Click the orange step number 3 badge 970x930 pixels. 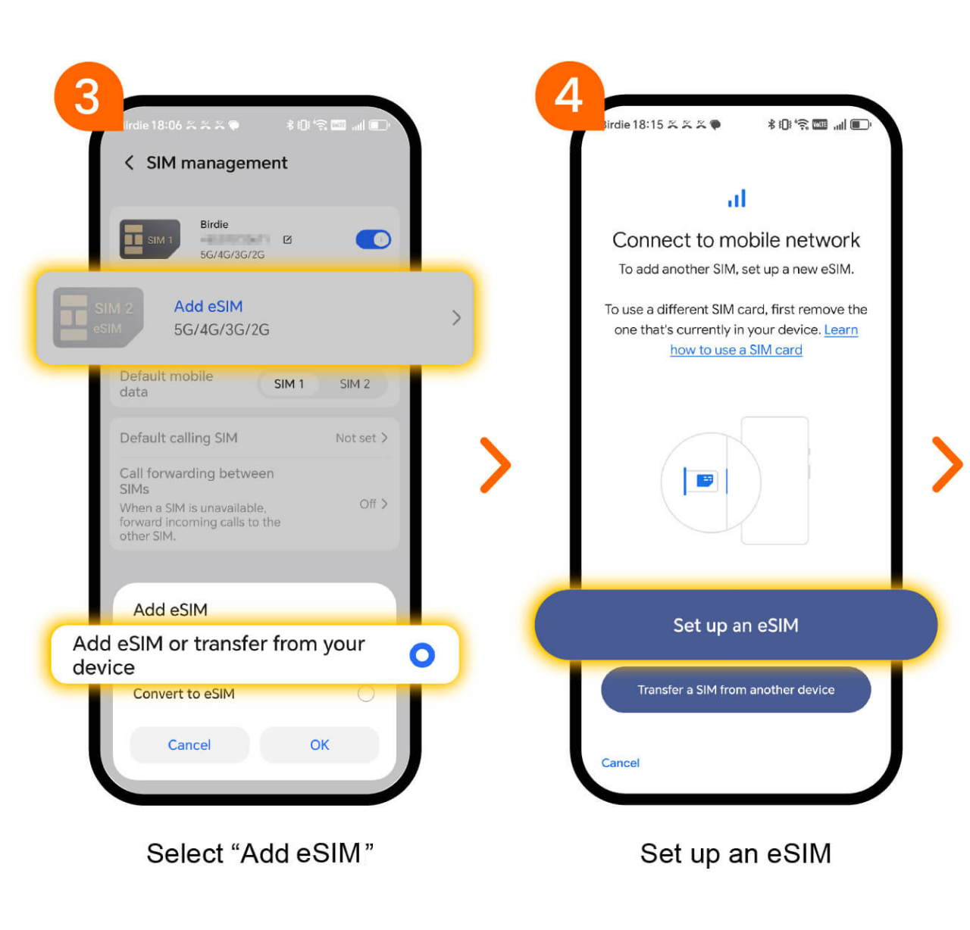88,96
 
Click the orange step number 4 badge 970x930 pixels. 569,96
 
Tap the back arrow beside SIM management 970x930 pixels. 129,163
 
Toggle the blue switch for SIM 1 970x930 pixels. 373,240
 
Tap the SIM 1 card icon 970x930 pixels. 149,239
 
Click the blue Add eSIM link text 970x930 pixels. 208,307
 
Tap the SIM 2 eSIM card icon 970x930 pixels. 98,318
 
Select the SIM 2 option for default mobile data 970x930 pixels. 355,384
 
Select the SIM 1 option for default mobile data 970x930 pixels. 289,384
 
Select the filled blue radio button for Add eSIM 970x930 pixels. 421,655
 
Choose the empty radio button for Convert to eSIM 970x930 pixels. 366,694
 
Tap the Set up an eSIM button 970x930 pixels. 735,626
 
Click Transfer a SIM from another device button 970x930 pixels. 735,690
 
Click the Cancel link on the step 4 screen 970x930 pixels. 620,763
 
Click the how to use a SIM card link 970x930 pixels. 736,350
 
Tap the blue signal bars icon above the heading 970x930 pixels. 737,198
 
